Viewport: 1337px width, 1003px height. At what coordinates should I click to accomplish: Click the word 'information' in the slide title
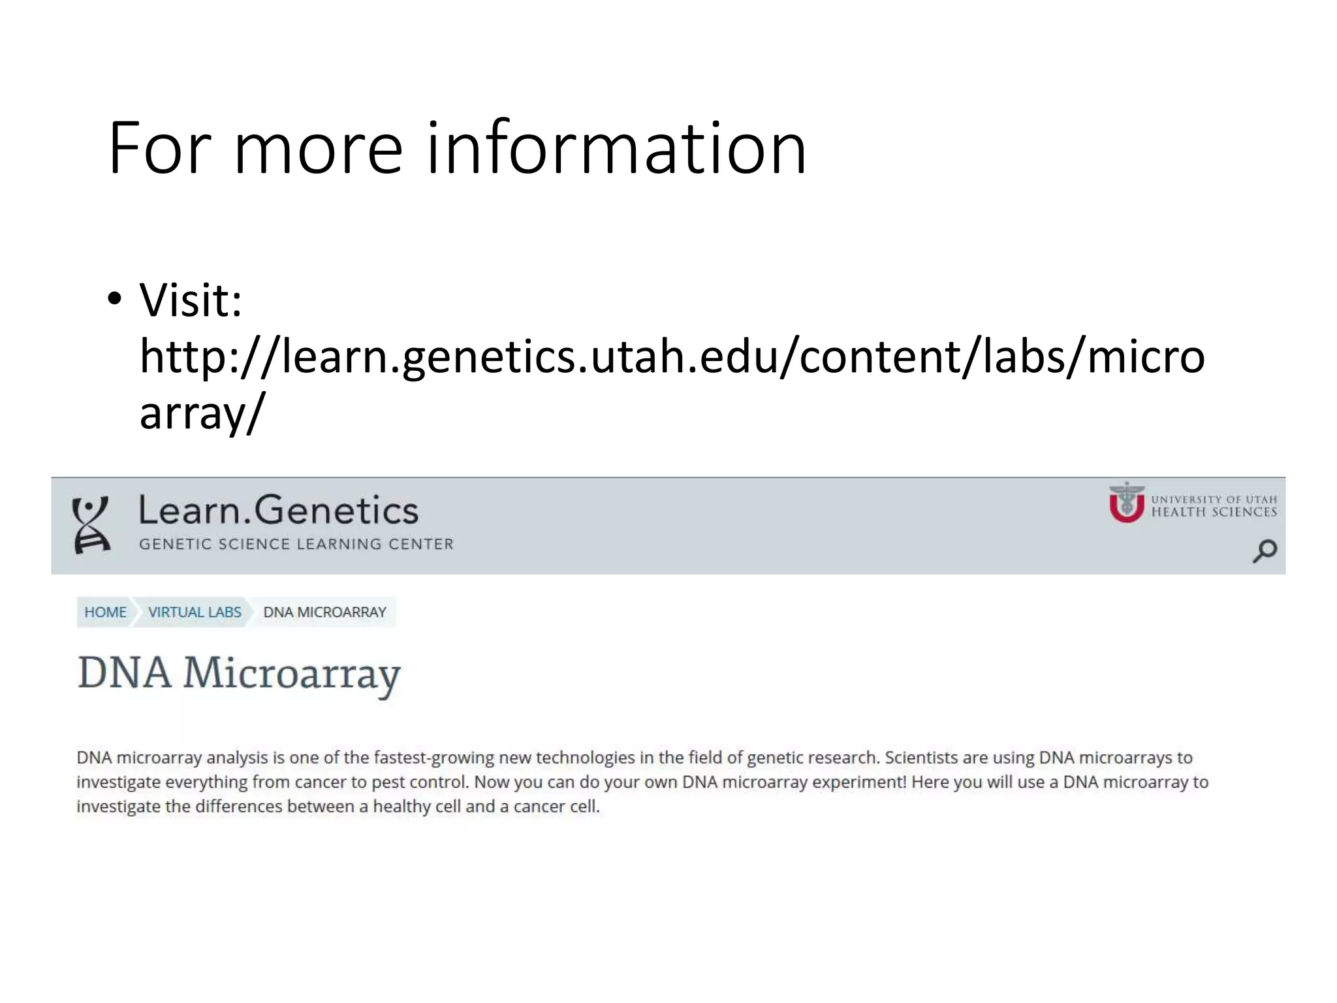(x=616, y=149)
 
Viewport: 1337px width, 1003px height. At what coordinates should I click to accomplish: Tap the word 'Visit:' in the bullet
(x=191, y=300)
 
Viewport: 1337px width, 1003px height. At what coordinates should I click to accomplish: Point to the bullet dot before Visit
(x=115, y=299)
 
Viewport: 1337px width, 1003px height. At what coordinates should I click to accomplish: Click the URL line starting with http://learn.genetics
(x=672, y=357)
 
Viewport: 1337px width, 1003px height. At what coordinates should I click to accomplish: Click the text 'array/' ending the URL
(x=202, y=413)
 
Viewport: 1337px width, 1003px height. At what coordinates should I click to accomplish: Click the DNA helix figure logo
(x=91, y=524)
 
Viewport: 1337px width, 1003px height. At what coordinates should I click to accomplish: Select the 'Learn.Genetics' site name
(x=278, y=510)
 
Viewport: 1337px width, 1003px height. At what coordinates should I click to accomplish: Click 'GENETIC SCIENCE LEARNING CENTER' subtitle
(x=296, y=544)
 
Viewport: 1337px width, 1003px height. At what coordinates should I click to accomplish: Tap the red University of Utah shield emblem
(x=1127, y=503)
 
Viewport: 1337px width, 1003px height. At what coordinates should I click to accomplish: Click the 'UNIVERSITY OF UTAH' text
(x=1214, y=500)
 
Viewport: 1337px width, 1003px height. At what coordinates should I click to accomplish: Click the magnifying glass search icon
(x=1265, y=550)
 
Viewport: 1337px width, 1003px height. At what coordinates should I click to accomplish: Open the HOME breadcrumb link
(x=105, y=613)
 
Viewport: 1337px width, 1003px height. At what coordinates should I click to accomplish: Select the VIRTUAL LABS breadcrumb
(x=195, y=613)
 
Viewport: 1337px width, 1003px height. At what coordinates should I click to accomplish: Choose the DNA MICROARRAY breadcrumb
(x=324, y=613)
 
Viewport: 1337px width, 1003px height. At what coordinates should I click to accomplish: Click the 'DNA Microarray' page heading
(x=239, y=673)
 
